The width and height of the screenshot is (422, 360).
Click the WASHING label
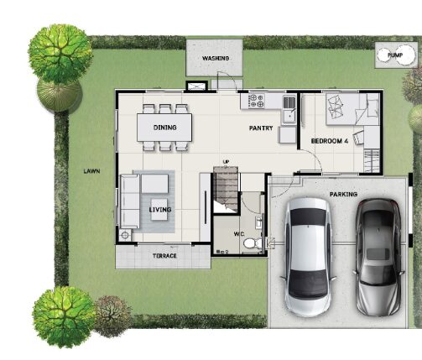(x=216, y=58)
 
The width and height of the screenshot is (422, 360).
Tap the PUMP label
(x=395, y=55)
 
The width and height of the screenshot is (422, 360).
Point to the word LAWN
(x=91, y=171)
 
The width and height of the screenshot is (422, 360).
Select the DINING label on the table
(x=165, y=128)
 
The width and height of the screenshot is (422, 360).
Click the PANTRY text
(x=261, y=128)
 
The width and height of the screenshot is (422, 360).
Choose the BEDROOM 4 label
(x=330, y=141)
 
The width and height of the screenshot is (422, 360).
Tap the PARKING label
(x=343, y=194)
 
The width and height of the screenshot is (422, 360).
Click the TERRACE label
(x=164, y=256)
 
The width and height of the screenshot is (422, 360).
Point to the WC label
(x=239, y=234)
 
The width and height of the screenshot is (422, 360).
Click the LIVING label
(x=160, y=210)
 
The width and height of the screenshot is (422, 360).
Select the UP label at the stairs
(x=226, y=162)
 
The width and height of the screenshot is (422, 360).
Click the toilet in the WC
(x=253, y=243)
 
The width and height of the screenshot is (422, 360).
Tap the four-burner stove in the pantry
(x=257, y=101)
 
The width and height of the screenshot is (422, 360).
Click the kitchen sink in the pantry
(x=289, y=109)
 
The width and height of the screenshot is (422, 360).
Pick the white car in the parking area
(x=308, y=258)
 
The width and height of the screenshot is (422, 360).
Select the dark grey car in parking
(x=379, y=258)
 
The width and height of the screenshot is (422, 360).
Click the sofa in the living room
(x=129, y=201)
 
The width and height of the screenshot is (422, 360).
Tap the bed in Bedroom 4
(x=352, y=109)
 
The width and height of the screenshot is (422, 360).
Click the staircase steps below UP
(x=226, y=189)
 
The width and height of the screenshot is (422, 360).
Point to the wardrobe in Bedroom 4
(x=372, y=161)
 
